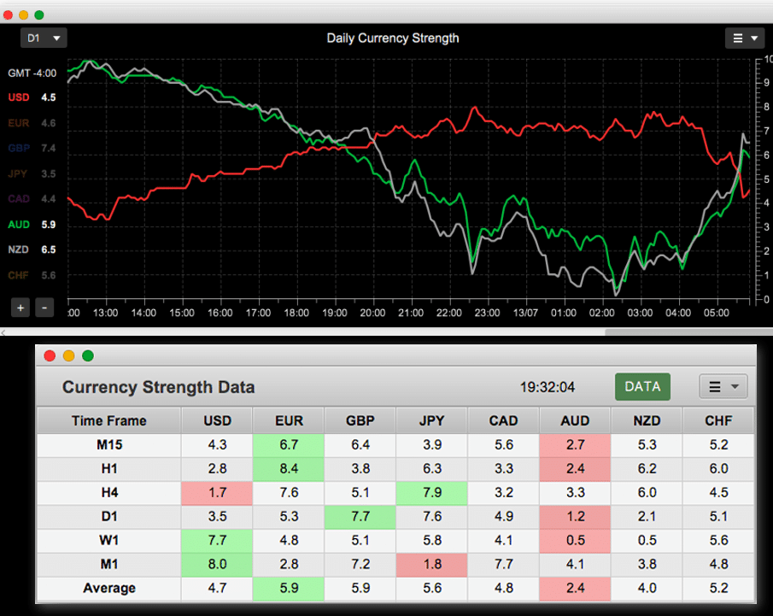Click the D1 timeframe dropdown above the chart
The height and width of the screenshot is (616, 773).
click(44, 38)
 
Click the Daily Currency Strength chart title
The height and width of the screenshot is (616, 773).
click(393, 38)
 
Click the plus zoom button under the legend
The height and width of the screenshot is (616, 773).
click(20, 308)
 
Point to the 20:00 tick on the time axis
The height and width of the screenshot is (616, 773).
click(372, 314)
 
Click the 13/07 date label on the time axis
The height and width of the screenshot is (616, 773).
click(525, 314)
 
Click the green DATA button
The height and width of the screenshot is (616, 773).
click(642, 386)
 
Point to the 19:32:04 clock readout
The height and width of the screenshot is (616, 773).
click(548, 387)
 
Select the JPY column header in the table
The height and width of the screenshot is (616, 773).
click(432, 420)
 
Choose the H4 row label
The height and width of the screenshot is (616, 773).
click(109, 492)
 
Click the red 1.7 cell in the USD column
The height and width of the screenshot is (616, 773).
click(217, 492)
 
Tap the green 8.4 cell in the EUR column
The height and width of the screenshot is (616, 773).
click(289, 468)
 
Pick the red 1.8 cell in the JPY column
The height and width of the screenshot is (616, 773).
click(432, 564)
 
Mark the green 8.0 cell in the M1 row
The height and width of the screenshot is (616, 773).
click(217, 564)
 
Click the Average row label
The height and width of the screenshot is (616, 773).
click(109, 588)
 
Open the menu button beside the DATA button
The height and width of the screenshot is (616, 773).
click(723, 387)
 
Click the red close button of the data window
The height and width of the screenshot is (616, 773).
click(50, 355)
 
